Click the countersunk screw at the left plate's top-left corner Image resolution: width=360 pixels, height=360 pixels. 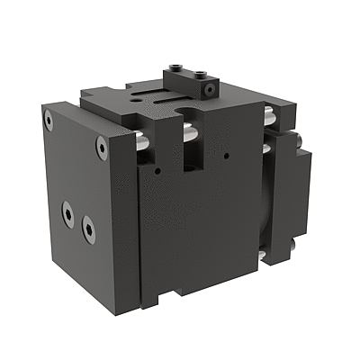coord(49,118)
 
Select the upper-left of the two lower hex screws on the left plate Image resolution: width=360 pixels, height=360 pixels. coord(67,212)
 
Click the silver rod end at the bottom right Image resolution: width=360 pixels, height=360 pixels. coord(263,256)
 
